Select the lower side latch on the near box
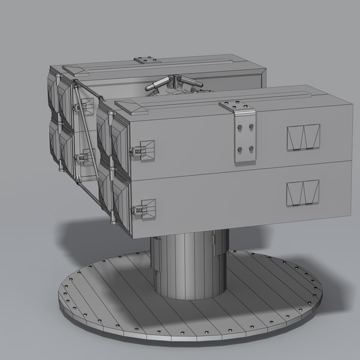[145, 208]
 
